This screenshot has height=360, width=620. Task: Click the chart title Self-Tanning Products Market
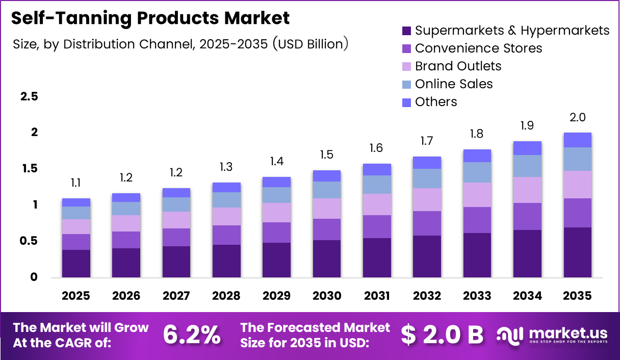click(150, 18)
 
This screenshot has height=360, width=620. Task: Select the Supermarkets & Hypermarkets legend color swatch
click(406, 31)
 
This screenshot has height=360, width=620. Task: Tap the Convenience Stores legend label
click(478, 48)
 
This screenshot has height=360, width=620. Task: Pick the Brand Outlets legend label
click(458, 66)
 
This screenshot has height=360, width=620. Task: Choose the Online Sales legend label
click(454, 84)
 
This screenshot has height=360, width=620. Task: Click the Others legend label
click(436, 102)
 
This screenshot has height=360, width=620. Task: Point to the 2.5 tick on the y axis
click(29, 96)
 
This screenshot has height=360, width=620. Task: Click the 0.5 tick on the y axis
click(29, 241)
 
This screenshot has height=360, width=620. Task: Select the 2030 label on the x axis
click(327, 296)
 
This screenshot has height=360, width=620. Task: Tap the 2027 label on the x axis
click(176, 296)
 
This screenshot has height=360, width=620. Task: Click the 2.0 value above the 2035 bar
click(577, 118)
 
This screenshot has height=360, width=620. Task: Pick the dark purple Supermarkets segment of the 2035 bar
click(577, 252)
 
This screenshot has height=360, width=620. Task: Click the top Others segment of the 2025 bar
click(76, 202)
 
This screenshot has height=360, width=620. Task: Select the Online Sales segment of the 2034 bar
click(527, 166)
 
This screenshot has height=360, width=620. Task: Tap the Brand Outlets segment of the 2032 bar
click(427, 199)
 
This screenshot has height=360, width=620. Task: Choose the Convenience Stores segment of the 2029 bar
click(276, 233)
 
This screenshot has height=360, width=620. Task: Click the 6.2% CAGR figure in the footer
click(192, 335)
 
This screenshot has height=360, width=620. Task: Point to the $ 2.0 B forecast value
click(442, 335)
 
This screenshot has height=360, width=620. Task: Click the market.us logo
click(552, 335)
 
